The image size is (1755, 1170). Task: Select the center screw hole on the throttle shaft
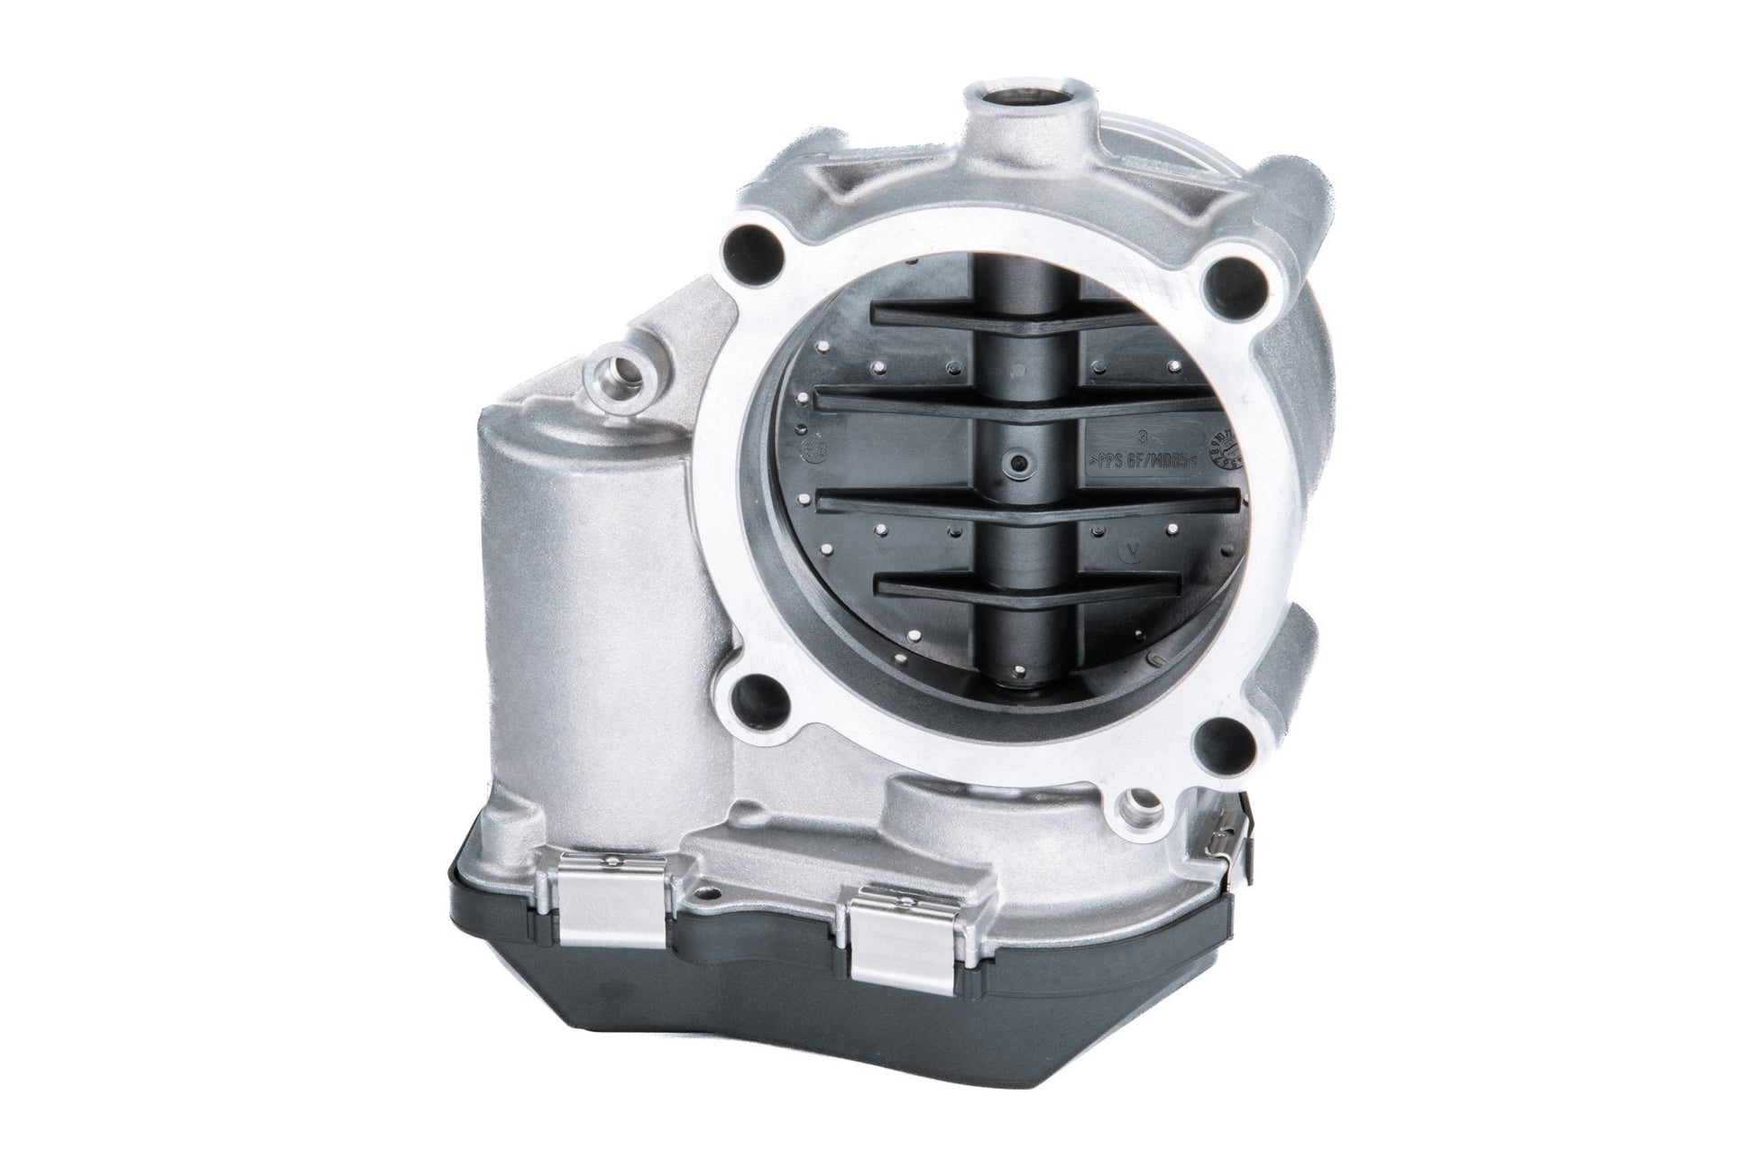point(1019,463)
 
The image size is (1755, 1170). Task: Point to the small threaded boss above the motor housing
point(620,368)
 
